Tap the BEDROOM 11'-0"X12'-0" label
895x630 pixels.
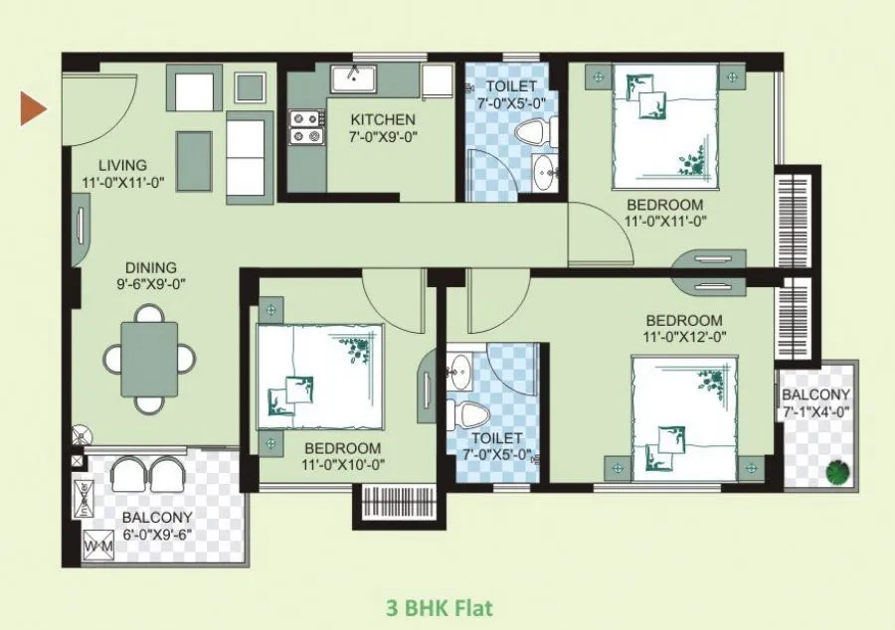pyautogui.click(x=682, y=328)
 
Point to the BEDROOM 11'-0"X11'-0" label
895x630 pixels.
pyautogui.click(x=664, y=214)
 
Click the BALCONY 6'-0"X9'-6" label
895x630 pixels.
pyautogui.click(x=156, y=526)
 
